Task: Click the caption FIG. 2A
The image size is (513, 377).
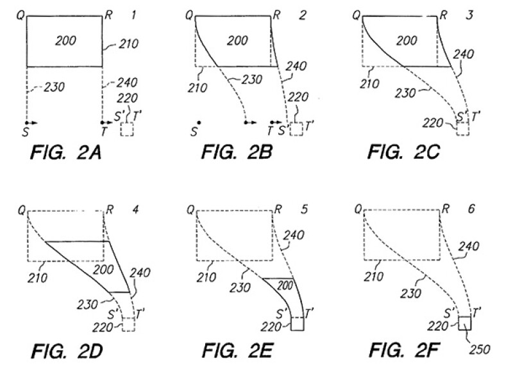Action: click(x=66, y=152)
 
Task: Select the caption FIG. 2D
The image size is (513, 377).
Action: click(x=67, y=351)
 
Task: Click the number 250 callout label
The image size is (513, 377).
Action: click(x=480, y=349)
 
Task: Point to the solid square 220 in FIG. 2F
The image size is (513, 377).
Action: click(x=464, y=323)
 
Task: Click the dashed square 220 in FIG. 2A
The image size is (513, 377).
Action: click(x=127, y=129)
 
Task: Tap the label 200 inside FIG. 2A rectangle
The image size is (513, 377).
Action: click(x=66, y=40)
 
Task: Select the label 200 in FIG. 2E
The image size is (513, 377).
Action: click(x=285, y=286)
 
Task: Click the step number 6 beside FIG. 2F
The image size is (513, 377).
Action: click(x=471, y=209)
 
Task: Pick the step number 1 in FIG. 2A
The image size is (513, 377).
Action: click(x=133, y=15)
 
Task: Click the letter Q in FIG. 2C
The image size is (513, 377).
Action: click(x=357, y=15)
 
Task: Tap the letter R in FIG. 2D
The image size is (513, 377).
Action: click(x=110, y=210)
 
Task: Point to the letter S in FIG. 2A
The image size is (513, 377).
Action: click(x=25, y=132)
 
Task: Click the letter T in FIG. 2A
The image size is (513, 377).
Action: click(x=104, y=132)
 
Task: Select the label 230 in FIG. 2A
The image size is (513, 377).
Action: click(x=55, y=87)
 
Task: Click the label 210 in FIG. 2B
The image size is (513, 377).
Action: click(x=198, y=88)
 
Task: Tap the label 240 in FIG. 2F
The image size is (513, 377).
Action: click(x=469, y=246)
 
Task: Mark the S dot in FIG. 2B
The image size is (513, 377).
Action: click(x=199, y=123)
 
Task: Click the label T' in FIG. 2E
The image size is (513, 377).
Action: click(x=309, y=314)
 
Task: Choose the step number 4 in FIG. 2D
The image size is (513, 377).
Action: click(x=136, y=209)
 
